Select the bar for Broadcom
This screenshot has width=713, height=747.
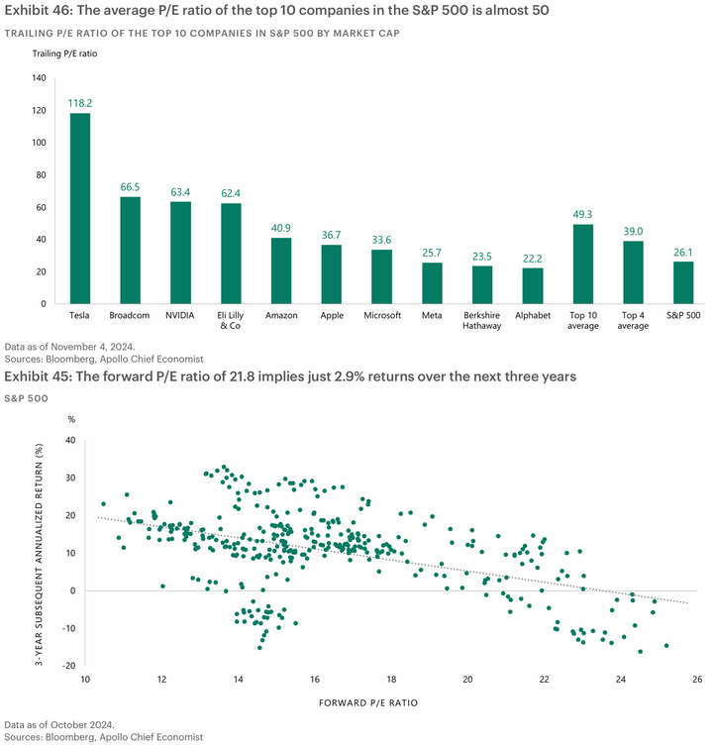coord(131,250)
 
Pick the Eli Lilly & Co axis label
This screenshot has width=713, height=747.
coord(231,320)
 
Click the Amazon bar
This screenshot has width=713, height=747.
coord(281,270)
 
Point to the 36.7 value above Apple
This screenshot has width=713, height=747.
coord(332,234)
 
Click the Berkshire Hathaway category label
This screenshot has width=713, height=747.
coord(482,320)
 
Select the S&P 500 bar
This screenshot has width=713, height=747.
coord(684,282)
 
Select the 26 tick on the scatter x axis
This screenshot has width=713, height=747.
coord(697,680)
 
